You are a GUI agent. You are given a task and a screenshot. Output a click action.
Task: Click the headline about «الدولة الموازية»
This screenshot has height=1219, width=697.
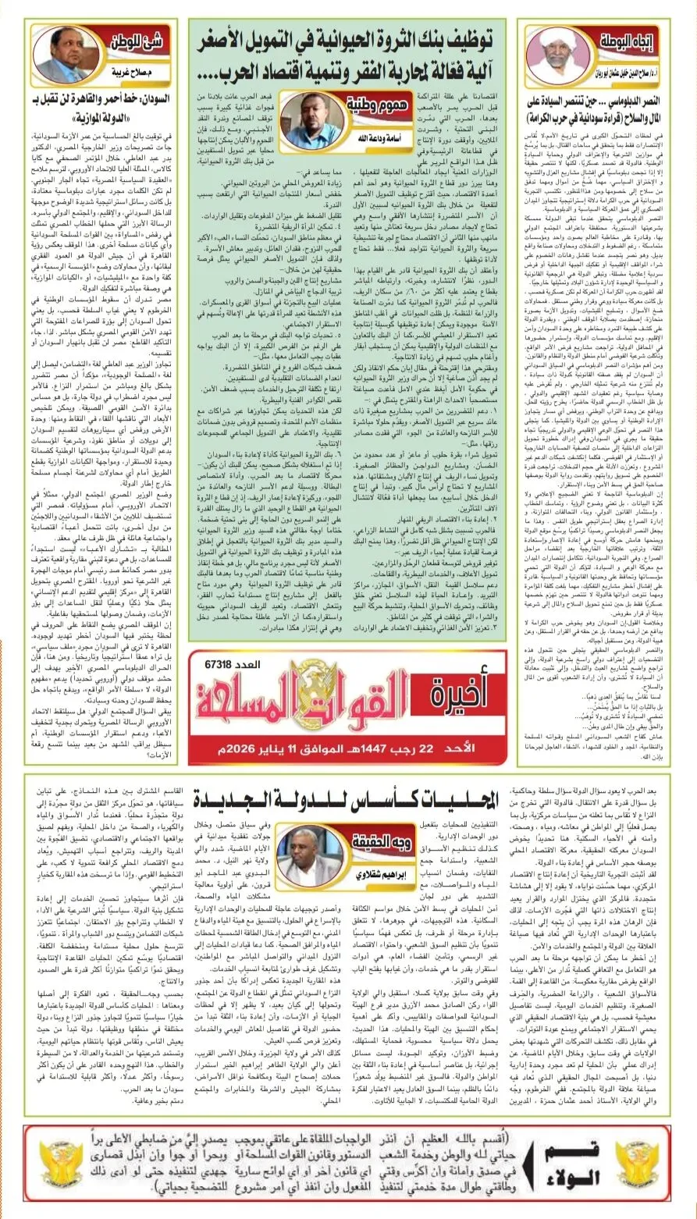click(x=93, y=111)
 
